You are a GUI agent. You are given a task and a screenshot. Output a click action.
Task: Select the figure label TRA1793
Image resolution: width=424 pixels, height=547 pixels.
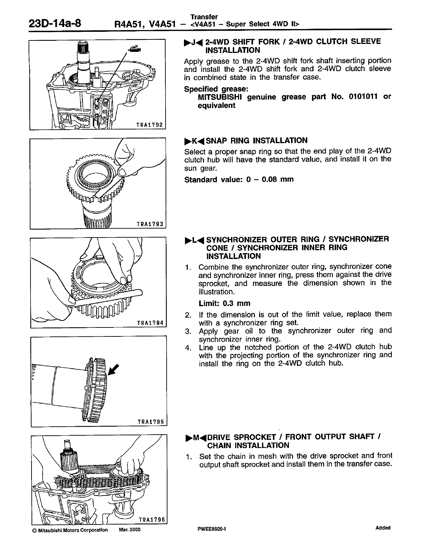point(151,224)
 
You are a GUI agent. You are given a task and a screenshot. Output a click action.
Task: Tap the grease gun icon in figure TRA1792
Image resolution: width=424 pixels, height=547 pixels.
point(134,49)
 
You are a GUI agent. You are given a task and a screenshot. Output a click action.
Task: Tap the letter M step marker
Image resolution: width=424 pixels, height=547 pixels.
point(196,437)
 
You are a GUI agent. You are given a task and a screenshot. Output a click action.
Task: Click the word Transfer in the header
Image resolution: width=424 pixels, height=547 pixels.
point(204,17)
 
